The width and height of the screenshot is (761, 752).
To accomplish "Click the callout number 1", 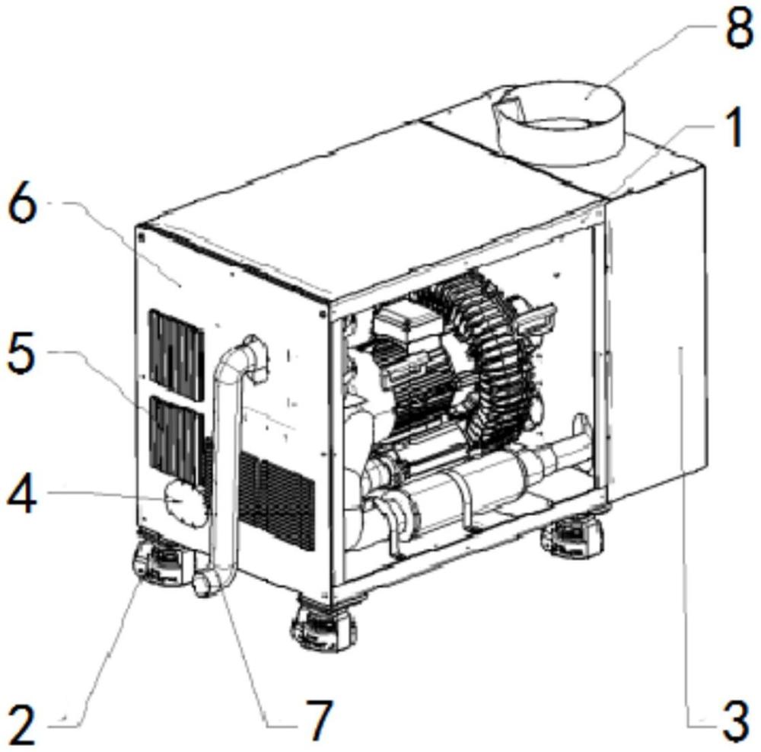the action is point(734,127).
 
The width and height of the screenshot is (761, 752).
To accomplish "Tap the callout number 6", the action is point(23,205).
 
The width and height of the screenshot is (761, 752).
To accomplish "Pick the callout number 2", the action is point(22,725).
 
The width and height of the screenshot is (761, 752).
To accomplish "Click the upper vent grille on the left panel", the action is point(177,355).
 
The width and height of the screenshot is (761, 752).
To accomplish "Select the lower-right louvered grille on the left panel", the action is point(277,501).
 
